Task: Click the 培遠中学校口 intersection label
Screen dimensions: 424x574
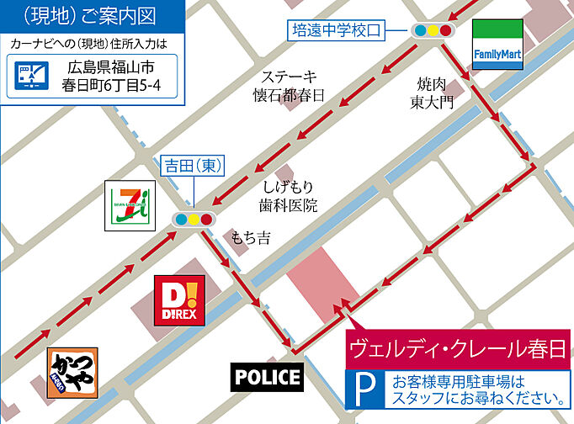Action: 336,31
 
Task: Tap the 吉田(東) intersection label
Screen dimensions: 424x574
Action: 193,167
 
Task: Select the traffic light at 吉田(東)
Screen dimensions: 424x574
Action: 193,220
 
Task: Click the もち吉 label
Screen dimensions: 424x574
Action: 252,238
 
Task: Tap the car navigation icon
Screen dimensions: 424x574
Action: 31,77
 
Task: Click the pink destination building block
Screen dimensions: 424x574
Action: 324,289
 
